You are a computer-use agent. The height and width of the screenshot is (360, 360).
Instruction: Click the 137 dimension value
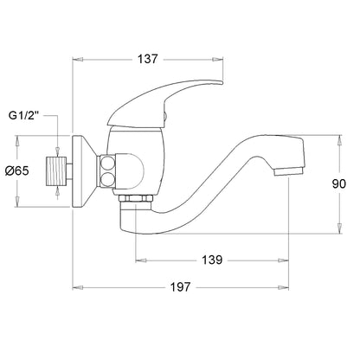pyautogui.click(x=148, y=59)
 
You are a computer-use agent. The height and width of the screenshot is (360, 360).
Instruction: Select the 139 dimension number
pyautogui.click(x=212, y=260)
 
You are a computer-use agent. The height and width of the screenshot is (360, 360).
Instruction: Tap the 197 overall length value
pyautogui.click(x=180, y=287)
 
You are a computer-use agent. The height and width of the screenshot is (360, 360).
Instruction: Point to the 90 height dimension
pyautogui.click(x=338, y=183)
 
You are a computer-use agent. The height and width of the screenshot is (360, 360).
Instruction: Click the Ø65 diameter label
pyautogui.click(x=17, y=171)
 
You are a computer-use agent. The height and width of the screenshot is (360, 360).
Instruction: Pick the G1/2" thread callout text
pyautogui.click(x=23, y=116)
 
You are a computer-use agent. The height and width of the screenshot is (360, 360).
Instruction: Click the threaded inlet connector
pyautogui.click(x=56, y=171)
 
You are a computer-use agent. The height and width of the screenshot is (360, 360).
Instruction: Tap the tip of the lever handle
pyautogui.click(x=222, y=83)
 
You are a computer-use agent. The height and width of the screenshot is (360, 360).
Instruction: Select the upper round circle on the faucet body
pyautogui.click(x=107, y=164)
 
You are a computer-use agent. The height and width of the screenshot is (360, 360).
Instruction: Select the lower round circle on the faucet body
pyautogui.click(x=107, y=179)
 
